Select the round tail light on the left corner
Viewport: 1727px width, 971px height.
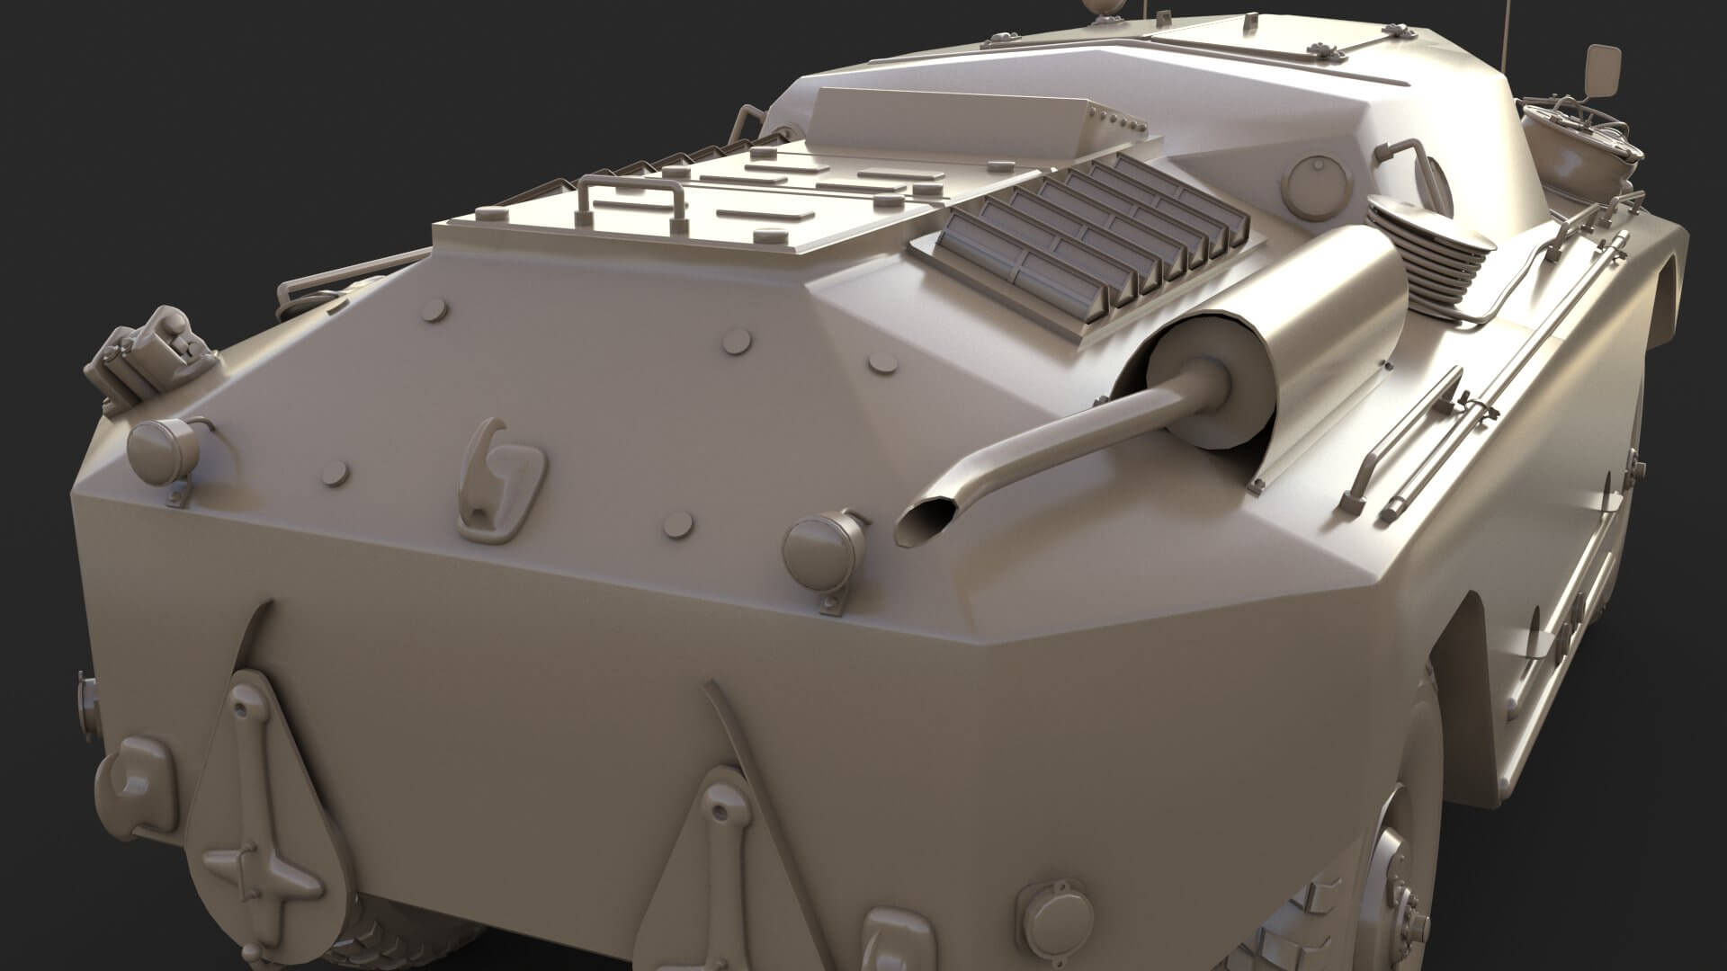(x=163, y=450)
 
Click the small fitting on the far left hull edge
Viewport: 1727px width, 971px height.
(x=86, y=701)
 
